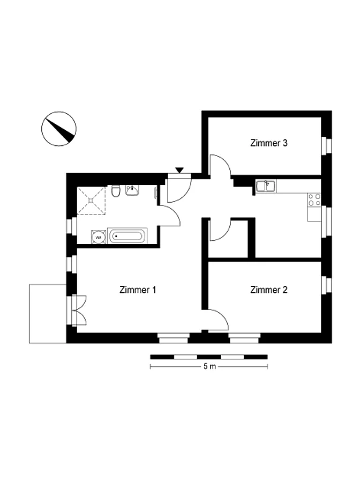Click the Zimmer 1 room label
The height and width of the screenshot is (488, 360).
coord(138,290)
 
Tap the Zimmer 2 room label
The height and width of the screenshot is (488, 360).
coord(268,290)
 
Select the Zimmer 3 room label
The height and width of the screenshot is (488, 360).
coord(268,143)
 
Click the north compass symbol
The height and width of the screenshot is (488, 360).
coord(59,129)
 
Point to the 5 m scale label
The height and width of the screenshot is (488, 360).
coord(209,366)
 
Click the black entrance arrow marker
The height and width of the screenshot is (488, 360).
coord(179,170)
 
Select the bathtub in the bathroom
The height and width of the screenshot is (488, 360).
coord(127,236)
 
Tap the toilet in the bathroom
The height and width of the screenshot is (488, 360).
coord(116,190)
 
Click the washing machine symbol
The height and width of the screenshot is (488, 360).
coord(99,237)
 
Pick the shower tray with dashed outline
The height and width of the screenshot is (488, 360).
coord(91,201)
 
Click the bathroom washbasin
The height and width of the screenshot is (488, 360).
coord(132,190)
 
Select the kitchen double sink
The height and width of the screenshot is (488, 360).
coord(266,186)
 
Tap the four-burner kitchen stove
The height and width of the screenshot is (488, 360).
coord(314,200)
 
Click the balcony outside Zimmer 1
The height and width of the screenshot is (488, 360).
coord(48,314)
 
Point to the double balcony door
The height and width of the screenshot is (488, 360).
coord(77,310)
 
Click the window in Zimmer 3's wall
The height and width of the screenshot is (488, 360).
coord(326,146)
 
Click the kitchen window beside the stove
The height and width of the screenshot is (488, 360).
coord(326,221)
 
